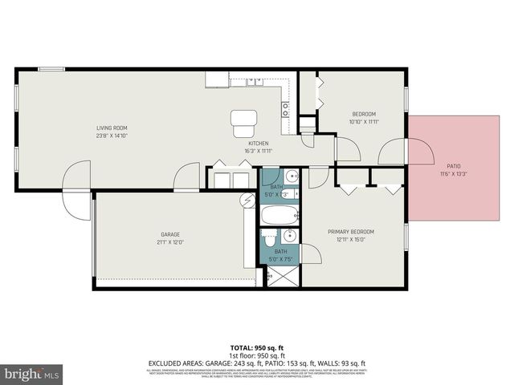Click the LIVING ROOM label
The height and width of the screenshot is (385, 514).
click(112, 128)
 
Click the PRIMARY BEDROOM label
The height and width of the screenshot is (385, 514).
click(351, 232)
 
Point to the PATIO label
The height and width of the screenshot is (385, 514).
click(454, 166)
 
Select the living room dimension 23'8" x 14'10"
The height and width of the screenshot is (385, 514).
click(112, 136)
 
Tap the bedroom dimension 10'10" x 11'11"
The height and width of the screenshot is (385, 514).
click(363, 122)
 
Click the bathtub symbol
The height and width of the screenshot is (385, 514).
click(279, 215)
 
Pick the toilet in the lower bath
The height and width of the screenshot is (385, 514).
click(271, 239)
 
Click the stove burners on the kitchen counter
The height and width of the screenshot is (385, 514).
click(285, 106)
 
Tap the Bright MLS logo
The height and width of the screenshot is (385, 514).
click(32, 374)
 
